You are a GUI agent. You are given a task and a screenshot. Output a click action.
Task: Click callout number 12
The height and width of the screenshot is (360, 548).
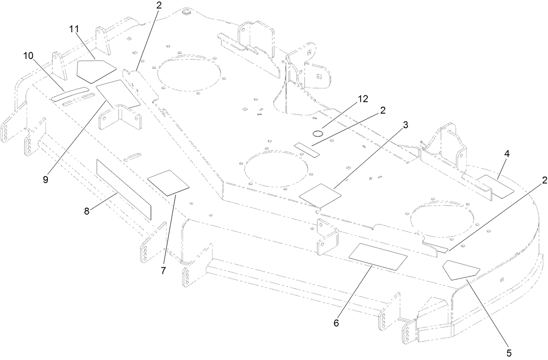[362, 99]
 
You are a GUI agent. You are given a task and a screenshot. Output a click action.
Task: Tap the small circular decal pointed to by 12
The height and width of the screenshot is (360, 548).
[318, 132]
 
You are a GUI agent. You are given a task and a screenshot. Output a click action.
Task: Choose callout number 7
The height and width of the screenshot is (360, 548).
[163, 270]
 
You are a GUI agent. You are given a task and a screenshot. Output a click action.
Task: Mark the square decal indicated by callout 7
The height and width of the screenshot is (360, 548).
[169, 182]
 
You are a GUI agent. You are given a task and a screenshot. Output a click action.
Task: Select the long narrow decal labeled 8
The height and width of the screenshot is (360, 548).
[124, 189]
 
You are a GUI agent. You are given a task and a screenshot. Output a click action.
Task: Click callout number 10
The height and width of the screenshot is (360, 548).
[28, 56]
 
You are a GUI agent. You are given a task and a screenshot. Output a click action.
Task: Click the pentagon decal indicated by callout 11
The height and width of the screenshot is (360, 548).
[95, 71]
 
